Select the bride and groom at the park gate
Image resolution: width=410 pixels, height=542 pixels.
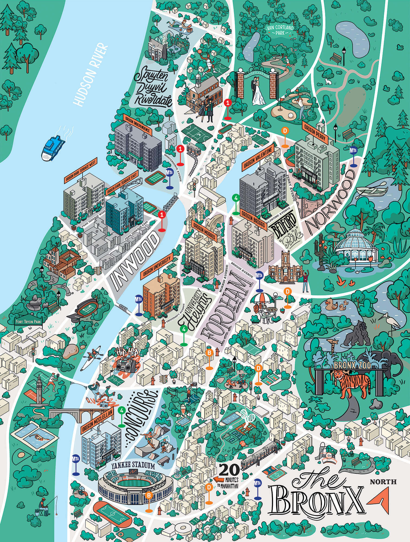258,90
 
